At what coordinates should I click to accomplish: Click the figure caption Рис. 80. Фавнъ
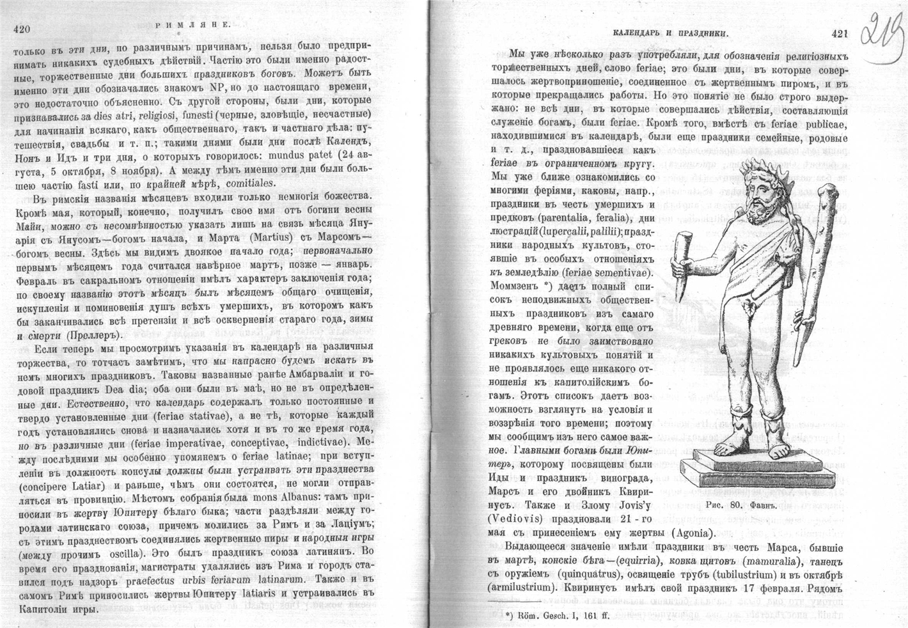744,505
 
